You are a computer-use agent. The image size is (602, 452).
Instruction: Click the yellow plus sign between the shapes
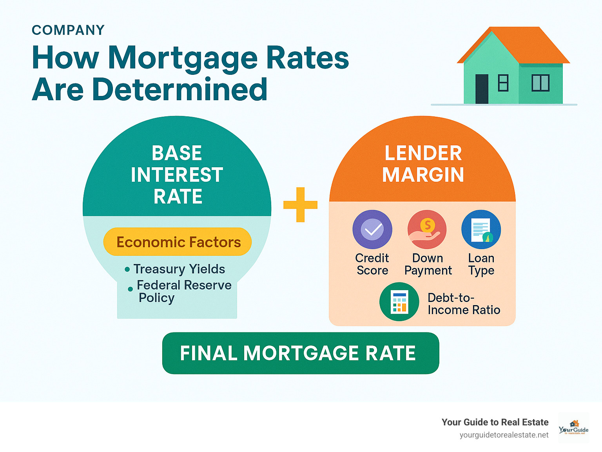pyautogui.click(x=300, y=204)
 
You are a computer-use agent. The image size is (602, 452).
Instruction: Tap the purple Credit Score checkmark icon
pyautogui.click(x=372, y=230)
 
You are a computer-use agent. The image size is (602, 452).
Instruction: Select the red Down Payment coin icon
pyautogui.click(x=427, y=230)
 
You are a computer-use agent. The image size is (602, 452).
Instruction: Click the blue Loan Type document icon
pyautogui.click(x=481, y=230)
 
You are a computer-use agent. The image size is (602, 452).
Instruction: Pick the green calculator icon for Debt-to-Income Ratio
pyautogui.click(x=399, y=302)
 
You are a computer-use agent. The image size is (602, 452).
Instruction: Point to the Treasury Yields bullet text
pyautogui.click(x=179, y=269)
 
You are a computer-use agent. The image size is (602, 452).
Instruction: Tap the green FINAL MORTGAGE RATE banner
pyautogui.click(x=300, y=353)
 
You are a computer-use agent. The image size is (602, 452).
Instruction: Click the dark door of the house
pyautogui.click(x=482, y=89)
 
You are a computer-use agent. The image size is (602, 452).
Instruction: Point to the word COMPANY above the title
pyautogui.click(x=68, y=30)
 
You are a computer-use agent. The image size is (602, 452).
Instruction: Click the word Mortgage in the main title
pyautogui.click(x=183, y=58)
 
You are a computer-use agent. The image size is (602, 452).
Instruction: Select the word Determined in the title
pyautogui.click(x=180, y=89)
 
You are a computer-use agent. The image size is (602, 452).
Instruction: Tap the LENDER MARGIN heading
pyautogui.click(x=423, y=164)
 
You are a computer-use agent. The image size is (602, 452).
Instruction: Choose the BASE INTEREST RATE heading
pyautogui.click(x=177, y=175)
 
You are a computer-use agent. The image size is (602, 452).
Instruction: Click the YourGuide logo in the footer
pyautogui.click(x=573, y=428)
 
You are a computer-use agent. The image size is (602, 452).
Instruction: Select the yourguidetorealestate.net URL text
pyautogui.click(x=504, y=435)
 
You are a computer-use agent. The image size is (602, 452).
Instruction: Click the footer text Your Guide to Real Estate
pyautogui.click(x=495, y=422)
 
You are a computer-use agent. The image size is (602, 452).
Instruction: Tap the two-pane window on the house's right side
pyautogui.click(x=540, y=83)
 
